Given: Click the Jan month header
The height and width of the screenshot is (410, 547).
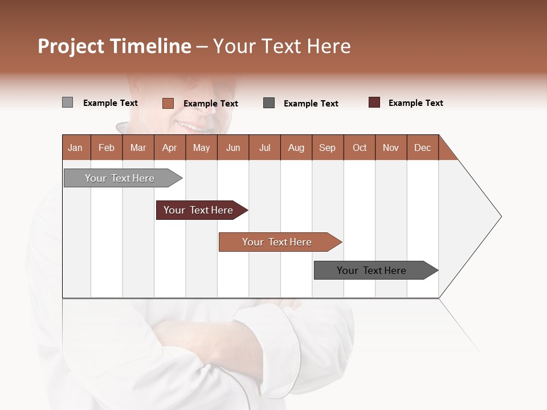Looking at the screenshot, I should pyautogui.click(x=75, y=148).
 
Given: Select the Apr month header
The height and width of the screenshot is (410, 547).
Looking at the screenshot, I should pyautogui.click(x=169, y=148).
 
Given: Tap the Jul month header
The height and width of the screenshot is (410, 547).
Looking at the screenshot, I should pyautogui.click(x=264, y=148).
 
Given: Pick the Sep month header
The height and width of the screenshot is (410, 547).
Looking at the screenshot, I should pyautogui.click(x=327, y=148).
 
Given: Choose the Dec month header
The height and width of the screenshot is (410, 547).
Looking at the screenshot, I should pyautogui.click(x=422, y=148).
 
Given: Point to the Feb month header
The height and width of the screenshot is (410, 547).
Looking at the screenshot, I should pyautogui.click(x=107, y=148).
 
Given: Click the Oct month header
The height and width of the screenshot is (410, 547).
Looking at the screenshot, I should pyautogui.click(x=360, y=148).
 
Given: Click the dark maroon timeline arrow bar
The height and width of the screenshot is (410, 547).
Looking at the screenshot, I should pyautogui.click(x=199, y=210).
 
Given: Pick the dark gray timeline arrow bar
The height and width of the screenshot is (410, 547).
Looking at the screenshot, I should pyautogui.click(x=373, y=270).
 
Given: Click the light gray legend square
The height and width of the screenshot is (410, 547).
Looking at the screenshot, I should pyautogui.click(x=67, y=102).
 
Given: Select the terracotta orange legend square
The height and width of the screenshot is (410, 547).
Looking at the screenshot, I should pyautogui.click(x=168, y=103).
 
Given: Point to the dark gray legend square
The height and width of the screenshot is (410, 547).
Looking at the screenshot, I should pyautogui.click(x=269, y=103).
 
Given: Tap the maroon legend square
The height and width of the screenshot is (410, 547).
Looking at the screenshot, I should pyautogui.click(x=374, y=102).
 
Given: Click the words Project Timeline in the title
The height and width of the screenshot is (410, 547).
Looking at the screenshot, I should pyautogui.click(x=114, y=46).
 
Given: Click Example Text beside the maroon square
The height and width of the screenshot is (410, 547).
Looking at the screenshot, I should pyautogui.click(x=415, y=103).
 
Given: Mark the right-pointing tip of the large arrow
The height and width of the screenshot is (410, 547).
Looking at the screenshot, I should pyautogui.click(x=500, y=216).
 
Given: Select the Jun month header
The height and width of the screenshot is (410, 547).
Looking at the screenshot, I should pyautogui.click(x=233, y=148).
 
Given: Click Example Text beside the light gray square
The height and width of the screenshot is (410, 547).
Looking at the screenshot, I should pyautogui.click(x=110, y=103).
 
